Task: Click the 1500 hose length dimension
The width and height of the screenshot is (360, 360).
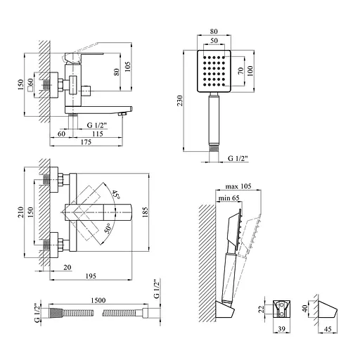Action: pyautogui.click(x=98, y=300)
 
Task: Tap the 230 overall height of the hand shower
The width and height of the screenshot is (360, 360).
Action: pyautogui.click(x=180, y=101)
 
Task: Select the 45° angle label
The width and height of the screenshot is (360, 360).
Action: pyautogui.click(x=116, y=195)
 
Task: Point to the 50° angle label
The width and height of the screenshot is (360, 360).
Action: pyautogui.click(x=108, y=229)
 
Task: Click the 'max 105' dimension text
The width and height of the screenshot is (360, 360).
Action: pyautogui.click(x=238, y=186)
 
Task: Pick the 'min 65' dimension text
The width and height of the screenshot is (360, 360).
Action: pyautogui.click(x=229, y=198)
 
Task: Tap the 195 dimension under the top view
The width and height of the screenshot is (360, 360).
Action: pyautogui.click(x=91, y=276)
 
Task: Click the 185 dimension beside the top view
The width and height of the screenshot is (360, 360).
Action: pyautogui.click(x=146, y=212)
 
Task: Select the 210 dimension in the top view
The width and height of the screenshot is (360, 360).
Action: pyautogui.click(x=21, y=212)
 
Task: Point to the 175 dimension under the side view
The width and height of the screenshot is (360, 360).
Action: pyautogui.click(x=86, y=142)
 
